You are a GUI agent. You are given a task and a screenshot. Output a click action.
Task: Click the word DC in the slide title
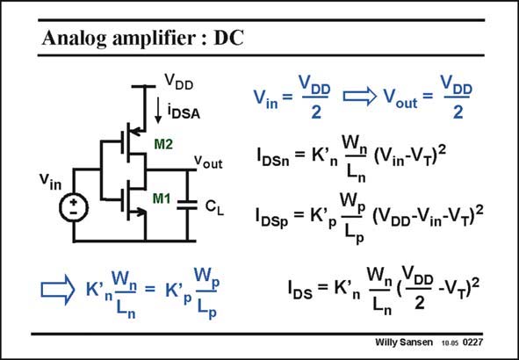tap(228, 38)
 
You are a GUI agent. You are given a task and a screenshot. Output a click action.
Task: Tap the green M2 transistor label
tap(163, 144)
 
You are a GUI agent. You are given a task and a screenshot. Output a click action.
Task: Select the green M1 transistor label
tap(162, 198)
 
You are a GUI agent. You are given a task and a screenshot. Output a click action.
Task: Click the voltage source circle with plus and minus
tap(74, 207)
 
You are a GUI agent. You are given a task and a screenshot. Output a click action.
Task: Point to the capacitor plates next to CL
tap(187, 205)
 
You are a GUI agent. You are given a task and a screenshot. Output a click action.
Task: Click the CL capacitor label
tap(214, 207)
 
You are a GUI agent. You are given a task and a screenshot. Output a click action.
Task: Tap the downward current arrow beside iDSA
tap(158, 111)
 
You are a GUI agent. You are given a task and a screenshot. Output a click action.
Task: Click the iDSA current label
tap(184, 112)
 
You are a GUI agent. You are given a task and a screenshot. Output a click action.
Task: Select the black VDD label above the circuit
tap(179, 82)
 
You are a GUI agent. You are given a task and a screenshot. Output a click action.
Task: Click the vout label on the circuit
tap(208, 162)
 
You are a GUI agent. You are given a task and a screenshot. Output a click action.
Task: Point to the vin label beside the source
tap(51, 181)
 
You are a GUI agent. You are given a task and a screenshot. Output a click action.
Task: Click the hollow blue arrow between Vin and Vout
tap(360, 97)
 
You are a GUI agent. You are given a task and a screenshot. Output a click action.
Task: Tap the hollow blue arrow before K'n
tap(58, 290)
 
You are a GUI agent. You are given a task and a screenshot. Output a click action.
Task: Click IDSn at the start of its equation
tap(270, 158)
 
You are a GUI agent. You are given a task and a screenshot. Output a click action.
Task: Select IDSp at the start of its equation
tap(271, 218)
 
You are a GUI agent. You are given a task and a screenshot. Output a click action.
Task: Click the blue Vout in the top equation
tap(400, 97)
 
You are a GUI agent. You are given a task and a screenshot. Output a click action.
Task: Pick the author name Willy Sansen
tap(403, 342)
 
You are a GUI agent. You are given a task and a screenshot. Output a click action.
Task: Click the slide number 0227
tap(472, 342)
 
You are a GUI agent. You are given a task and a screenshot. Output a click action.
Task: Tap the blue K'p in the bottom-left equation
tap(178, 292)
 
